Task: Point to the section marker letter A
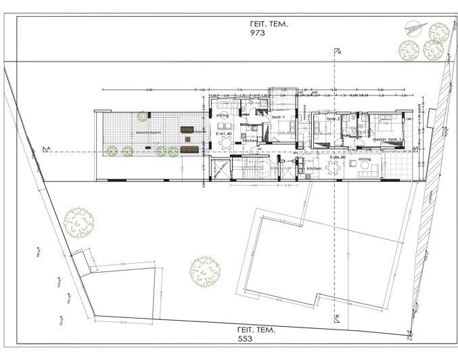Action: click(x=46, y=147)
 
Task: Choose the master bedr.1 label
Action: click(x=387, y=139)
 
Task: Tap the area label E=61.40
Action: click(x=224, y=135)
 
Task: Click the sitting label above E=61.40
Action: click(x=223, y=116)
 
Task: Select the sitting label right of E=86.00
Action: click(x=365, y=159)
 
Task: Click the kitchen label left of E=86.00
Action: click(x=314, y=168)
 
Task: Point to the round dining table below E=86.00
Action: click(x=332, y=168)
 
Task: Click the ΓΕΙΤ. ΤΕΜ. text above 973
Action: click(x=269, y=22)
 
